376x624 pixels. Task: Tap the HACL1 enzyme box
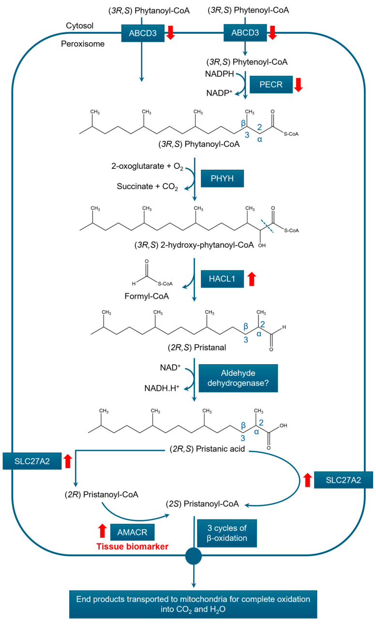click(222, 279)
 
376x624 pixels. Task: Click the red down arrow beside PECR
click(299, 85)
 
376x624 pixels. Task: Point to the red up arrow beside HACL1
click(251, 279)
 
